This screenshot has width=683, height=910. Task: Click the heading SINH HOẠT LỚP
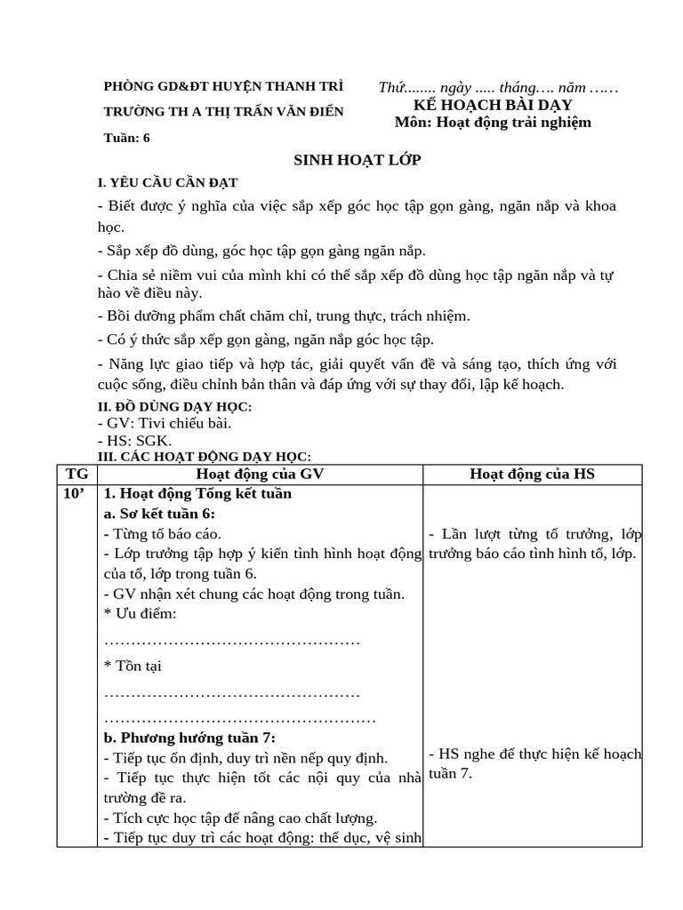357,160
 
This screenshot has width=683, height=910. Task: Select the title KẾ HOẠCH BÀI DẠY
492,105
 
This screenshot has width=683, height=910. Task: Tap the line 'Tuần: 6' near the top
127,137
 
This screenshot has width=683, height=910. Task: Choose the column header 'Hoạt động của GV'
260,475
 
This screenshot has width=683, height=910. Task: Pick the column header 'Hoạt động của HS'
532,475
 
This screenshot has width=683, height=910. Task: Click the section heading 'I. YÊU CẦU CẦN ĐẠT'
167,183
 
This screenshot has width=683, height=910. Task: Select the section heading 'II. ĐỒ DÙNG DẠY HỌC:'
174,406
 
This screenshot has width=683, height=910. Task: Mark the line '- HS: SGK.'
134,441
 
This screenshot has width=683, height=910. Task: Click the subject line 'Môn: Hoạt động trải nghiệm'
492,123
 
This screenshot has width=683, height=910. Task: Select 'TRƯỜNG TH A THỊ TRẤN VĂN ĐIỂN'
223,112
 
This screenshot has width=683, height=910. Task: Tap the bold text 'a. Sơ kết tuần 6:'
159,515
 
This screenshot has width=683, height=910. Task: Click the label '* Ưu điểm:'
141,614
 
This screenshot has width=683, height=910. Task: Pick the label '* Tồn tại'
133,666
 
